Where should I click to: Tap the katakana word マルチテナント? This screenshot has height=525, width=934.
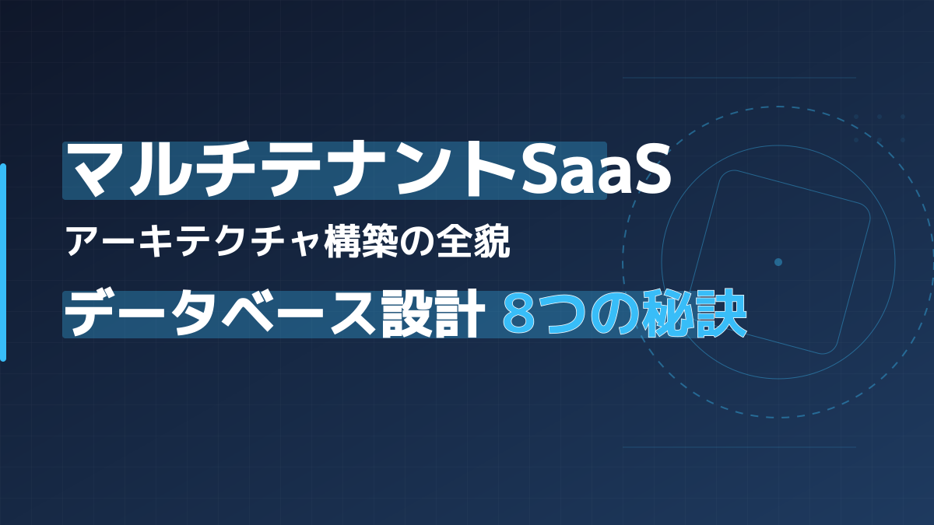coord(289,171)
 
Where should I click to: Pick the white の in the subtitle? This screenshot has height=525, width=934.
coord(416,242)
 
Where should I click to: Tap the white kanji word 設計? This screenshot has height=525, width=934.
coord(434,314)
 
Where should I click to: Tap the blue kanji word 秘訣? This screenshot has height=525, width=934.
coord(694,313)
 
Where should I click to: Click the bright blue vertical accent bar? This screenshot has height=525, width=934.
coord(3,263)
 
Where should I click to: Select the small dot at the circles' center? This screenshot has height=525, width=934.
coord(778,262)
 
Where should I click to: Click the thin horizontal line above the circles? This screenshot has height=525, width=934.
coord(739,78)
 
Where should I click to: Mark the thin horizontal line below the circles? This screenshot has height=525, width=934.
coord(739,447)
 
